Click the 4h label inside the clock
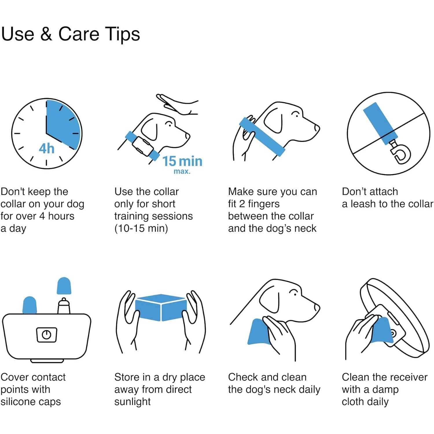[x=47, y=148]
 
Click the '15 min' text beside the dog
[x=182, y=161]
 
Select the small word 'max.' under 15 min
[x=182, y=171]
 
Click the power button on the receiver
[x=47, y=335]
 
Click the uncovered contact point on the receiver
[x=64, y=306]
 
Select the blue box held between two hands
[x=161, y=307]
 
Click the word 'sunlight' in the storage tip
[x=133, y=402]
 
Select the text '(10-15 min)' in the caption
[x=141, y=229]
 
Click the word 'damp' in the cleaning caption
[x=385, y=390]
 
